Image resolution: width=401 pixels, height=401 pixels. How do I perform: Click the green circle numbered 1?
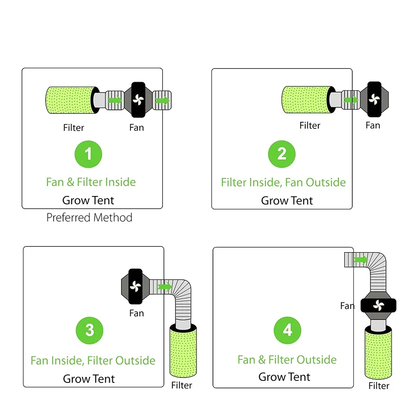[89, 154]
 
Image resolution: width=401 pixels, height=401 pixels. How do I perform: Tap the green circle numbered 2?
[282, 153]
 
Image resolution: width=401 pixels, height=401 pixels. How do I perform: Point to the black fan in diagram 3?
[135, 287]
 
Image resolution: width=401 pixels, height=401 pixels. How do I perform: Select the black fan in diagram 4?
[378, 305]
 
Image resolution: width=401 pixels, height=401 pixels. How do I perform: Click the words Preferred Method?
[90, 218]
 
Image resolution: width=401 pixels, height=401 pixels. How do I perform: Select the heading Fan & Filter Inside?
[91, 181]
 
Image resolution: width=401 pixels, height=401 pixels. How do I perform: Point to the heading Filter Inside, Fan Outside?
[283, 182]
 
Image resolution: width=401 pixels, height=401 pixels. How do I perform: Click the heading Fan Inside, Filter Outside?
[93, 360]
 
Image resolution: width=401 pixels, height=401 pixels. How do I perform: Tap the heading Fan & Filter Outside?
[287, 359]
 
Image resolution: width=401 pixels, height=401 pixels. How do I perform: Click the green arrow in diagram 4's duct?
[359, 259]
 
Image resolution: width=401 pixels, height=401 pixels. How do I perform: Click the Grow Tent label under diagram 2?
[287, 200]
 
